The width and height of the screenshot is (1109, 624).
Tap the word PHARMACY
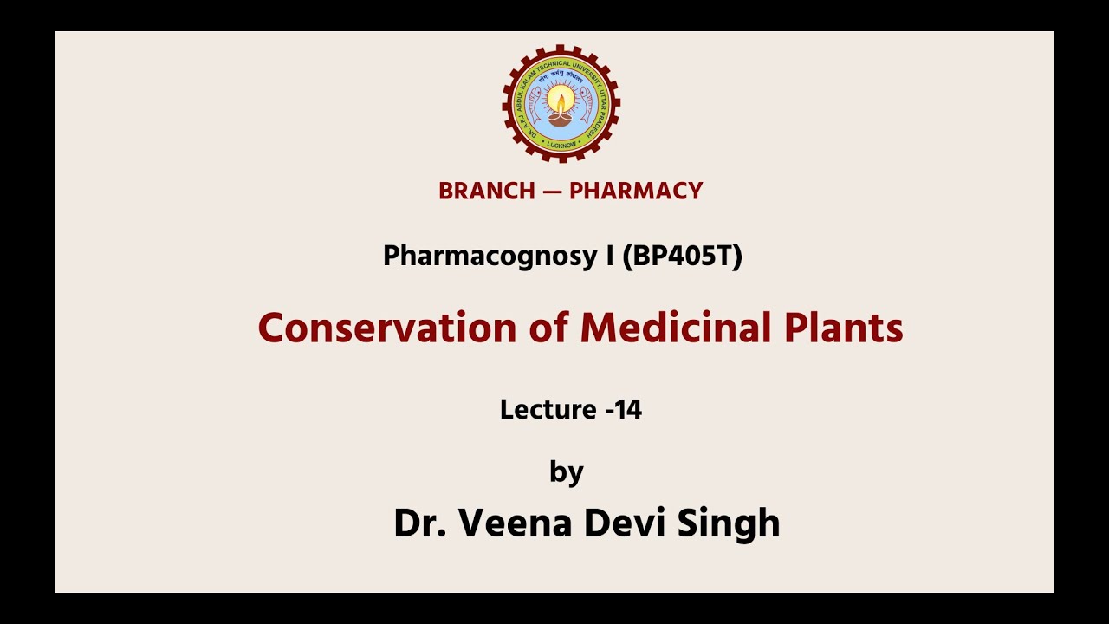(636, 191)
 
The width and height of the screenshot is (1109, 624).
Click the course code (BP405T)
(682, 257)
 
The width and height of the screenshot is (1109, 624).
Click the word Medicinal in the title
(665, 328)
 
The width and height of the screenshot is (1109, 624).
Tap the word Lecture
(548, 410)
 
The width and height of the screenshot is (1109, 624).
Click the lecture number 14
(628, 410)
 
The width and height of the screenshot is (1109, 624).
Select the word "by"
(567, 472)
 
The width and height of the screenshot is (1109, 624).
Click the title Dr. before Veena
(418, 523)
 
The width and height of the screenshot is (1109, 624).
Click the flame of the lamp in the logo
(561, 100)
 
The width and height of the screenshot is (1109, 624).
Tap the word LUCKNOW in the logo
(561, 144)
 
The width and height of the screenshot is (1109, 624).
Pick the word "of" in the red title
(548, 328)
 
